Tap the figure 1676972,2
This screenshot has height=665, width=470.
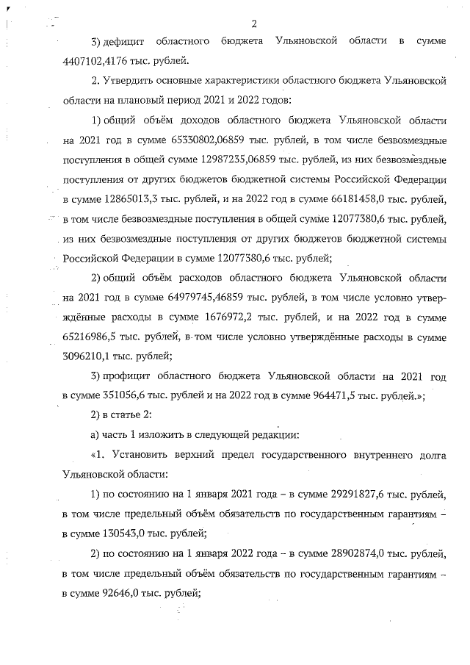click(214, 317)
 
